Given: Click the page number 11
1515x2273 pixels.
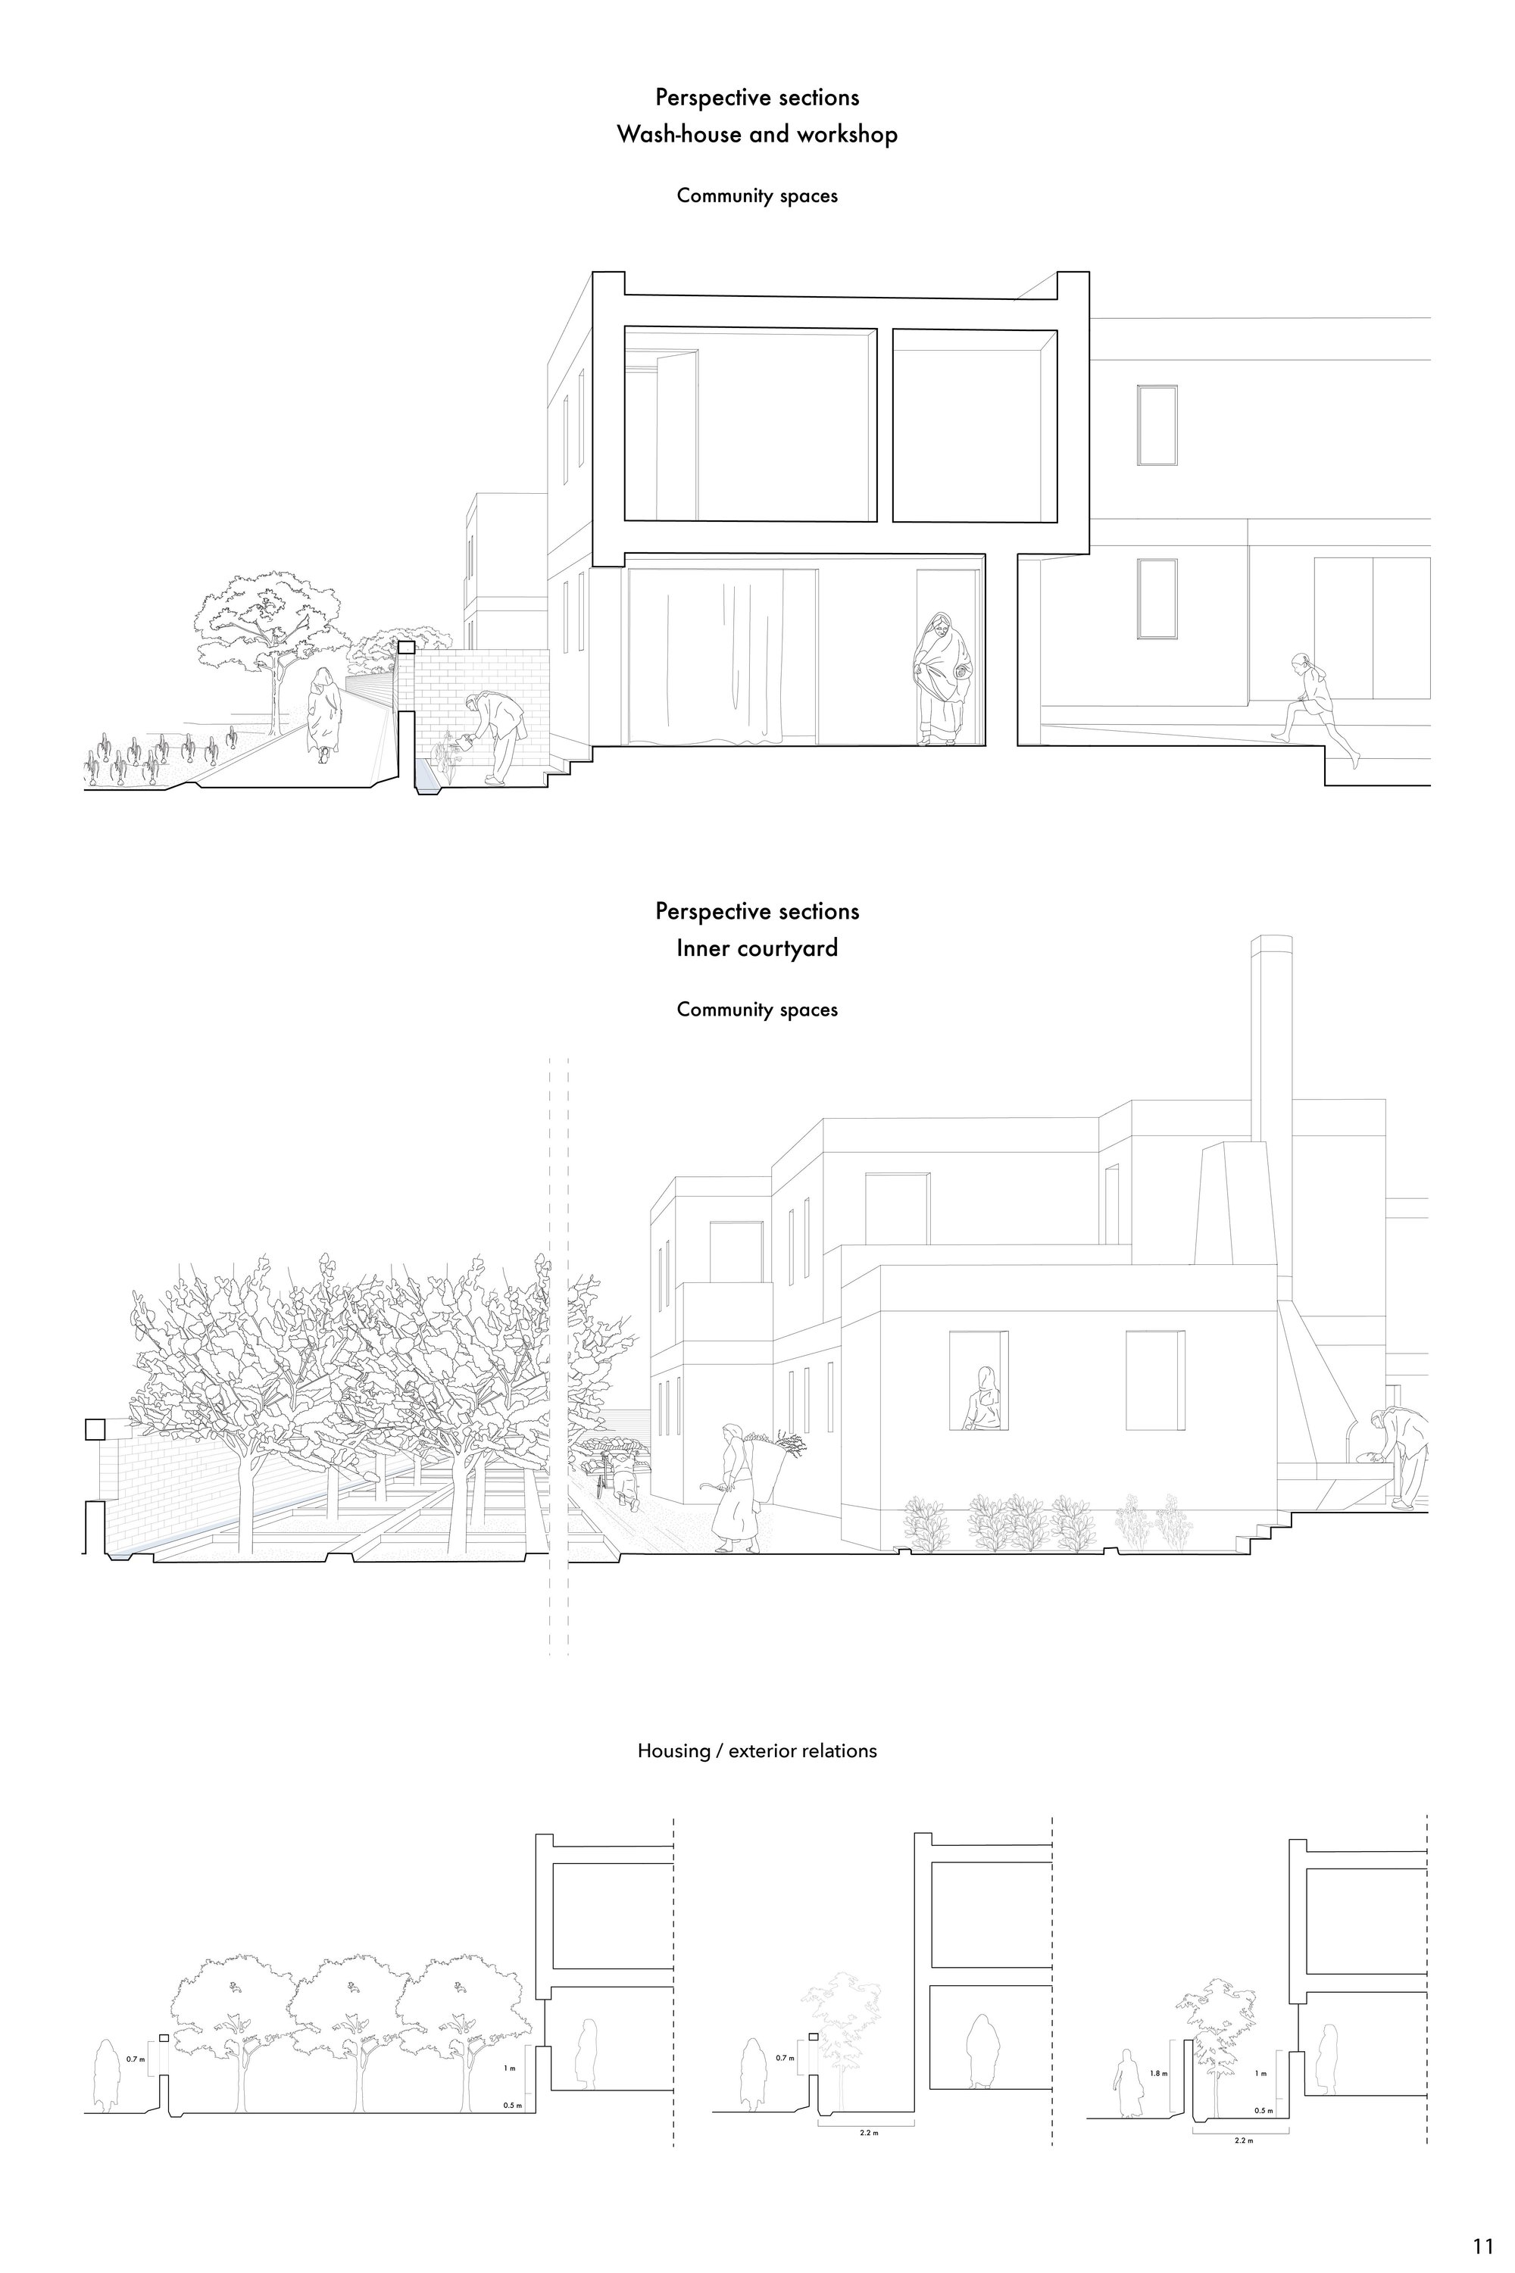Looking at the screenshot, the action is pos(1482,2220).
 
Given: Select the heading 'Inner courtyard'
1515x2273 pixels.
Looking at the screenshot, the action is pos(757,948).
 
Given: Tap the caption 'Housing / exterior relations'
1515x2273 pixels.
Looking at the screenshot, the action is pos(757,1750).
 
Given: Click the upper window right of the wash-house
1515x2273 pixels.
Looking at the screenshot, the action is pos(1157,426).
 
